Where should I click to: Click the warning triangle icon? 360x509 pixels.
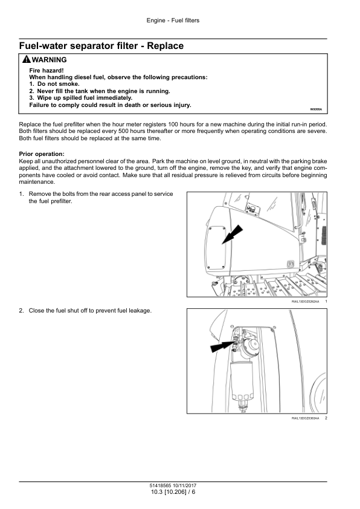(27, 59)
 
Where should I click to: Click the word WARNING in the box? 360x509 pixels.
(50, 60)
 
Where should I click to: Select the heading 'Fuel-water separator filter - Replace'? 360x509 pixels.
(101, 46)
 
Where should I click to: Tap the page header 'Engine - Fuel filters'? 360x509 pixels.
(173, 21)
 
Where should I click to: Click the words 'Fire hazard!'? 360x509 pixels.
(47, 71)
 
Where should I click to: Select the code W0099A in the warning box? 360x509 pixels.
(316, 109)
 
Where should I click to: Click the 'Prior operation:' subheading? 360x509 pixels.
(42, 154)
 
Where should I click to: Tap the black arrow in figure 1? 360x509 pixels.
(232, 235)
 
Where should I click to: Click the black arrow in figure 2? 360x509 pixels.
(222, 346)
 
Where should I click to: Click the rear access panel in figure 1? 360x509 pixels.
(216, 248)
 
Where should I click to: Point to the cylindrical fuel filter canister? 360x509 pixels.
(242, 383)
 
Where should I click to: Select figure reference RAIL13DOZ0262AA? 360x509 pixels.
(305, 302)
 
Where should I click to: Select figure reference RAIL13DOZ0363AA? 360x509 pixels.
(305, 418)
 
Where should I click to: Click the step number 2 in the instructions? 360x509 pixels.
(21, 311)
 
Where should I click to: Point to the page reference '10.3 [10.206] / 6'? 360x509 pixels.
(173, 492)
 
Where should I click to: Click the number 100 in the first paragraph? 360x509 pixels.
(173, 125)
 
